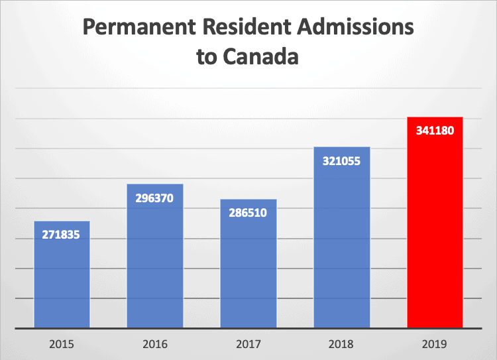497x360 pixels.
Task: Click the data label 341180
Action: click(435, 131)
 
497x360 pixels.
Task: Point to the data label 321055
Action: click(341, 160)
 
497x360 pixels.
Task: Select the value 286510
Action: click(248, 213)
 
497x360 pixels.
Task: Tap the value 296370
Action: click(155, 198)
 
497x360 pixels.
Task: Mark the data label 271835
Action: click(62, 235)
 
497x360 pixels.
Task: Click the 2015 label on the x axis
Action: click(62, 345)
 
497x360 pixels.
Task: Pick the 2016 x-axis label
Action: click(155, 345)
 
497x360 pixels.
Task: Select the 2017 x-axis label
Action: click(248, 345)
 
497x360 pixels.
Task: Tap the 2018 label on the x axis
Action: click(341, 345)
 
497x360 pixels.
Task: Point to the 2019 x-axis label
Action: click(435, 345)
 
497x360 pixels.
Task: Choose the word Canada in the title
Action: click(263, 57)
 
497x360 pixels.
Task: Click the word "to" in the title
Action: click(207, 58)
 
